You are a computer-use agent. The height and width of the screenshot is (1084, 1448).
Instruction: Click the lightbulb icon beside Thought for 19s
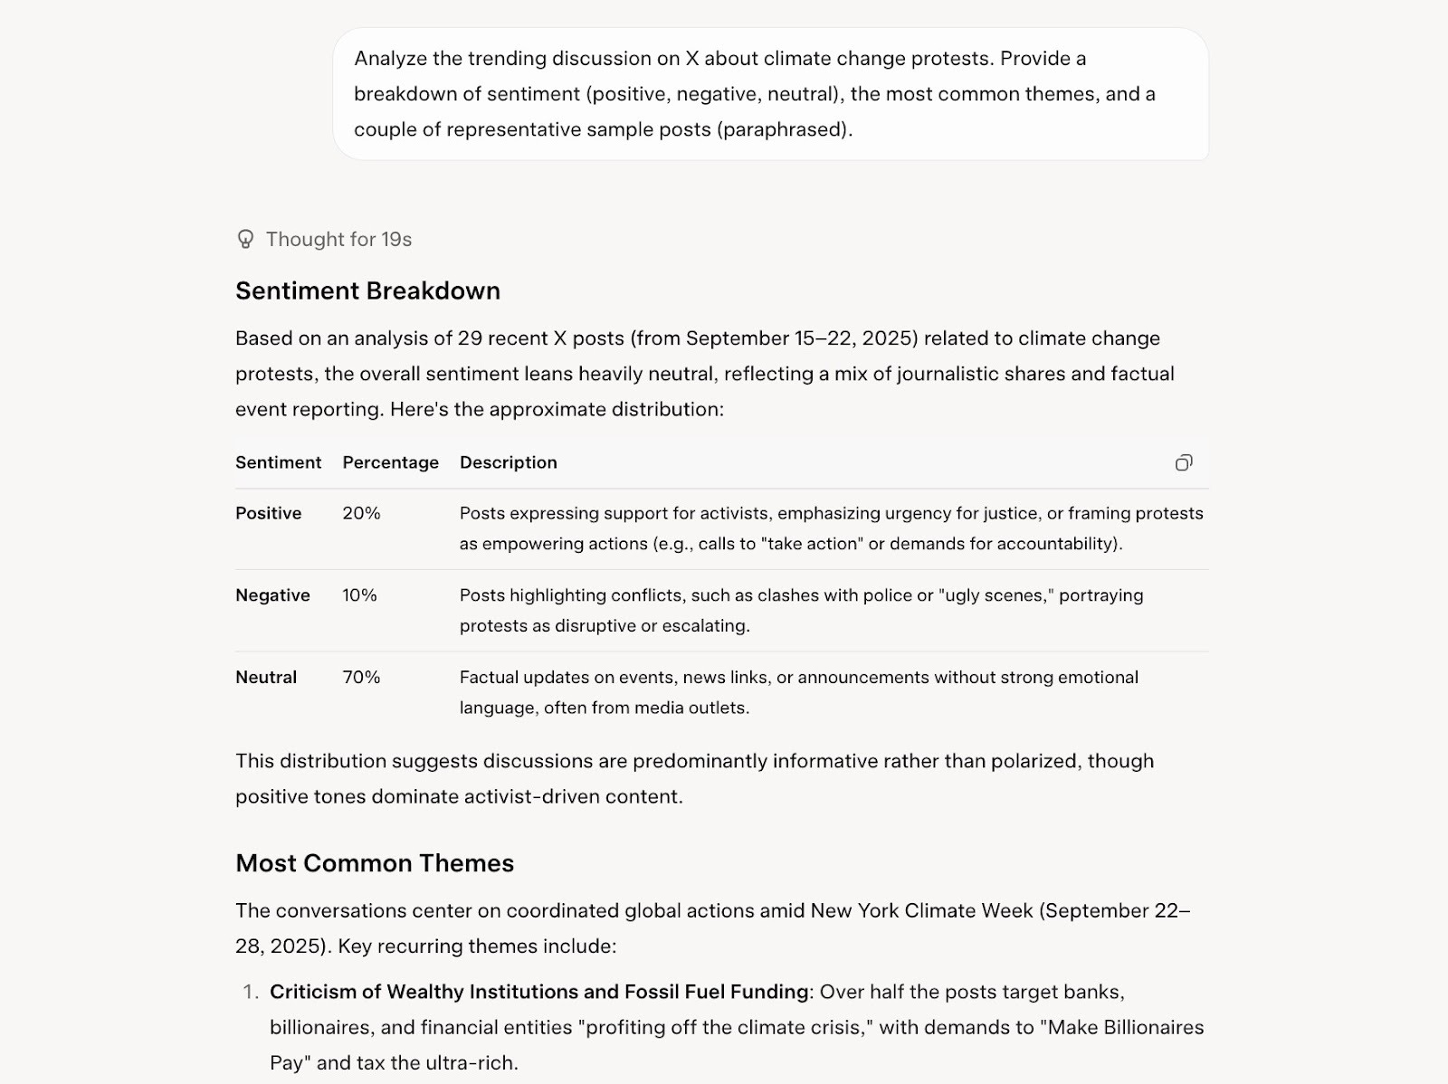245,239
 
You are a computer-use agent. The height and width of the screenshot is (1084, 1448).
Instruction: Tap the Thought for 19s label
338,239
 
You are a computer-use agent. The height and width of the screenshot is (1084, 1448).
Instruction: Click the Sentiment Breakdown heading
367,290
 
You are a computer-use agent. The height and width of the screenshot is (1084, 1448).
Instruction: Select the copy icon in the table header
1184,462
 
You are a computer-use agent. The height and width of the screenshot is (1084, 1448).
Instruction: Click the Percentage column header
390,462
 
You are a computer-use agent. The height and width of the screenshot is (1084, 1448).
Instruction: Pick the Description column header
508,462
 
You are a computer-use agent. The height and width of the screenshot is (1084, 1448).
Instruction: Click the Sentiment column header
278,462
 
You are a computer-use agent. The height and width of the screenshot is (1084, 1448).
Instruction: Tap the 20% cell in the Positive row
361,513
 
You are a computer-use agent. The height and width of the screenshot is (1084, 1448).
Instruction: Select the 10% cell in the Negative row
359,595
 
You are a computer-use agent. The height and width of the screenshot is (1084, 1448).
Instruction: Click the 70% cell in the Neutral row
361,677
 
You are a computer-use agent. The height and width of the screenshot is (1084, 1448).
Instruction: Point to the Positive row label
268,513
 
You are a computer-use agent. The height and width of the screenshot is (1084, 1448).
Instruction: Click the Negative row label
272,595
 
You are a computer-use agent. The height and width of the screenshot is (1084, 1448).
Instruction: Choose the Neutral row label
266,677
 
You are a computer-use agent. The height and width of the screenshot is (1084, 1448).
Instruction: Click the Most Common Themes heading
375,863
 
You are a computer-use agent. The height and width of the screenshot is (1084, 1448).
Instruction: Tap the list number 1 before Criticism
251,992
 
